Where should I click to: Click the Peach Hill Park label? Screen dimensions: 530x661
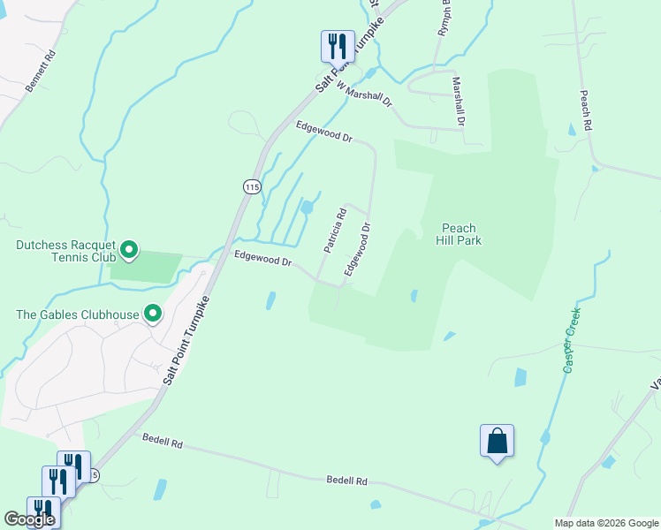459,234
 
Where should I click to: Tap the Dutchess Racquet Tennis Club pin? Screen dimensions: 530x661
130,251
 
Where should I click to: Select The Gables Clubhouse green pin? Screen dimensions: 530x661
153,314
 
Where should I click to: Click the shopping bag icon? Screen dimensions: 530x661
497,440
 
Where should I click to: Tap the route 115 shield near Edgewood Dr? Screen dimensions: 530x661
252,186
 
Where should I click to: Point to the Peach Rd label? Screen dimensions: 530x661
585,110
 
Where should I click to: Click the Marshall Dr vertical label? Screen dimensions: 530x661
458,101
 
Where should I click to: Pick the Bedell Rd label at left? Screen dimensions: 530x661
162,440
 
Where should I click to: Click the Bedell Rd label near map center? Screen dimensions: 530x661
346,481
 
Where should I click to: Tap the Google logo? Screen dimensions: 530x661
29,519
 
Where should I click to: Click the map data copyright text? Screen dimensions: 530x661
605,523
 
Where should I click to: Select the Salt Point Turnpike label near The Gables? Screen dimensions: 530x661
187,338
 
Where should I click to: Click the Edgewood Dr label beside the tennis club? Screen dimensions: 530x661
262,261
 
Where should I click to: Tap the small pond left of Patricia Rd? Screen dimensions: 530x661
307,208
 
